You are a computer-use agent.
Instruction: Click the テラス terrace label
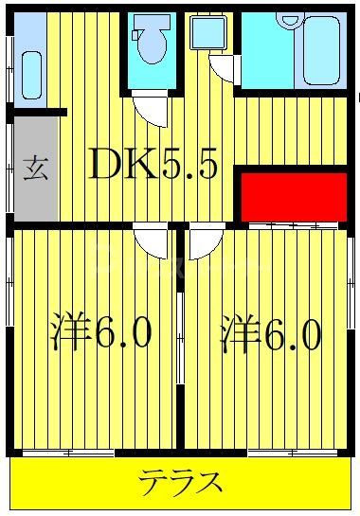181,484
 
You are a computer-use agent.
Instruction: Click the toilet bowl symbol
149,43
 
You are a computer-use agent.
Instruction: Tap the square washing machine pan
205,34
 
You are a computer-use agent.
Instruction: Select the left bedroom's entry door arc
149,242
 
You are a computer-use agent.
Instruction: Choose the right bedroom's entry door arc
203,243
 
